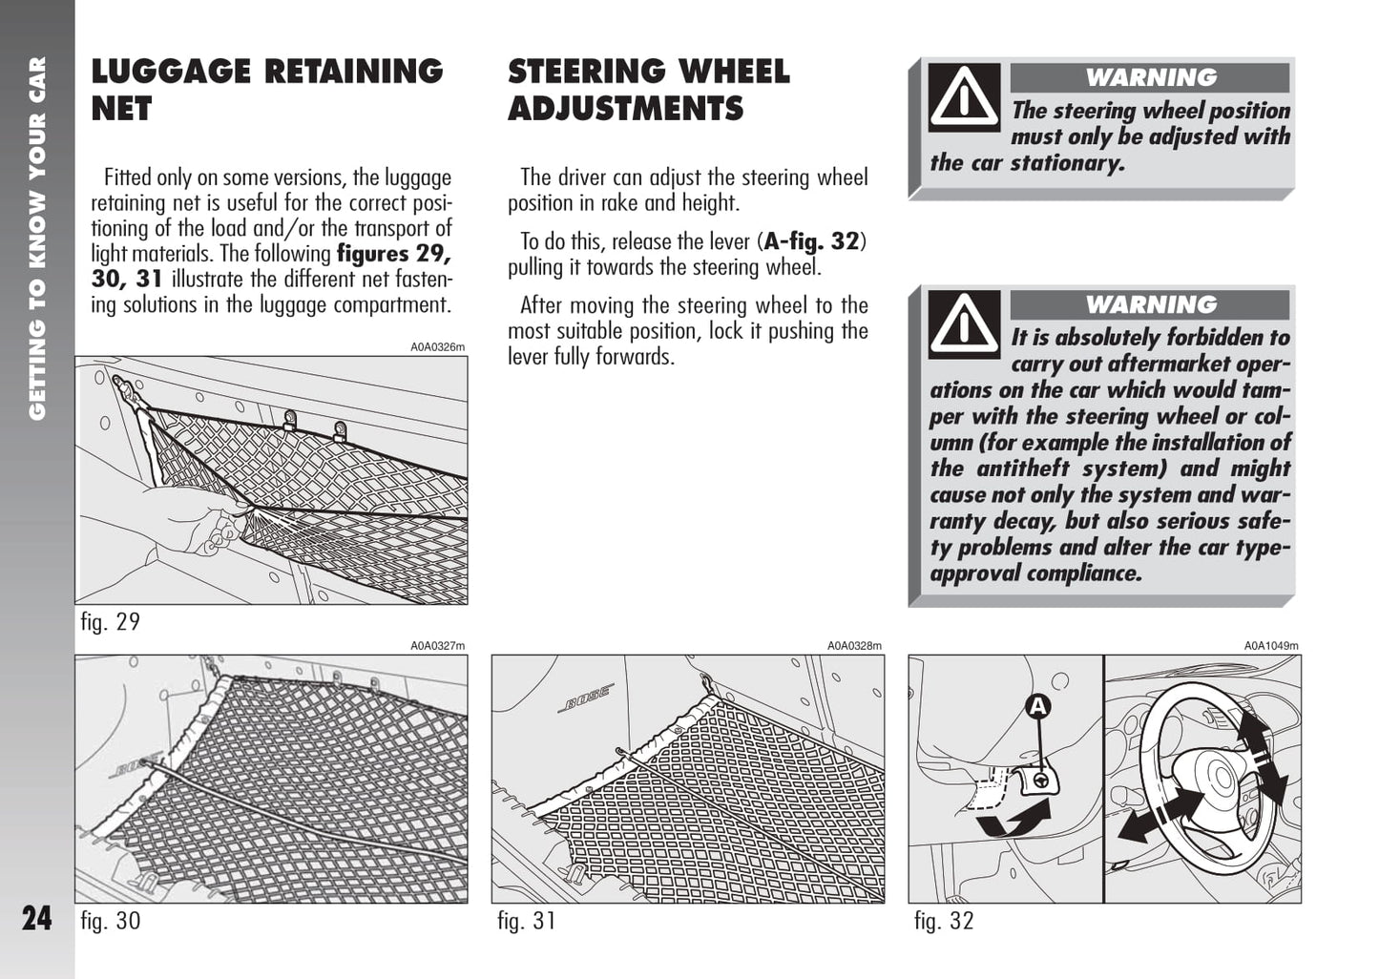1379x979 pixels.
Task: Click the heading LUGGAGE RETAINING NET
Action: [267, 89]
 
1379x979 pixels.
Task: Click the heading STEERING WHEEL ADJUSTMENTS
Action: [649, 89]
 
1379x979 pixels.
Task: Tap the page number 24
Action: [37, 918]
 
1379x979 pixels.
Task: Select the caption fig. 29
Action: [111, 622]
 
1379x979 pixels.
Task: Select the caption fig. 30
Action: [111, 921]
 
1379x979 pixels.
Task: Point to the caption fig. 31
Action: [527, 921]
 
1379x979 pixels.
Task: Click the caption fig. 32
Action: [944, 921]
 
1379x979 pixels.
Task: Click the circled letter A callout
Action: [1037, 706]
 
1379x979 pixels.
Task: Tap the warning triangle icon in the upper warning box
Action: [965, 96]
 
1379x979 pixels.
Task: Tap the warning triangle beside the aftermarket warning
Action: [965, 323]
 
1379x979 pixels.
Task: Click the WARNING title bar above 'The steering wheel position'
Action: [1150, 77]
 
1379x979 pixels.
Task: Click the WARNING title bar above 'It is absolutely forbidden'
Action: [1150, 304]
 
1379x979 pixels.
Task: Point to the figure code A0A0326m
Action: [438, 347]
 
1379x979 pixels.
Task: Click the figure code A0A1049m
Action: [1271, 646]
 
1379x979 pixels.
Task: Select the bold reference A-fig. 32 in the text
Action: [812, 241]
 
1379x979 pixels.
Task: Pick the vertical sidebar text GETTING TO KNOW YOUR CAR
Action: [37, 239]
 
